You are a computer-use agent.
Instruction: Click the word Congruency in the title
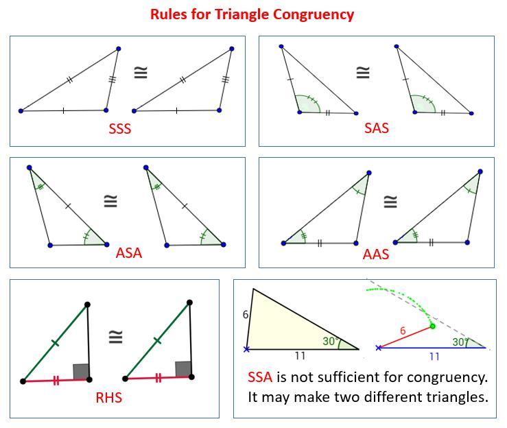pos(314,15)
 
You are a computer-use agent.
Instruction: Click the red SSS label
pos(120,129)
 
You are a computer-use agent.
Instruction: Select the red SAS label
pos(377,128)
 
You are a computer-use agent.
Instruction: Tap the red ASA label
pos(129,253)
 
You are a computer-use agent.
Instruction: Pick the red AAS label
pos(376,254)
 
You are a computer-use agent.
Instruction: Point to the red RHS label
pos(108,398)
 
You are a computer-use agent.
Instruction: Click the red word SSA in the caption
pos(260,377)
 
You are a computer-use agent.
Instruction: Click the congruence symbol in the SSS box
pos(141,73)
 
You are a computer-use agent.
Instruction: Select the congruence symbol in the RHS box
pos(116,337)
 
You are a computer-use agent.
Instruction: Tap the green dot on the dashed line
pos(432,326)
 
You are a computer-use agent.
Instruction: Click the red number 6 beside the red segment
pos(403,331)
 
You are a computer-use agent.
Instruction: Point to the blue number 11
pos(434,357)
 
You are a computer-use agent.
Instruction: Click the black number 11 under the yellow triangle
pos(300,356)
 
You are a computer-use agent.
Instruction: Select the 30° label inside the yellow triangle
pos(331,341)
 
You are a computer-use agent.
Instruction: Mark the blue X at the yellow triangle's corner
pos(246,349)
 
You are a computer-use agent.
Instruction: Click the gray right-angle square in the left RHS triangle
pos(80,372)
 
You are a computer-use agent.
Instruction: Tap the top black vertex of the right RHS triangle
pos(190,302)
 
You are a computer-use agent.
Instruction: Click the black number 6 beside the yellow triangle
pos(246,315)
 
